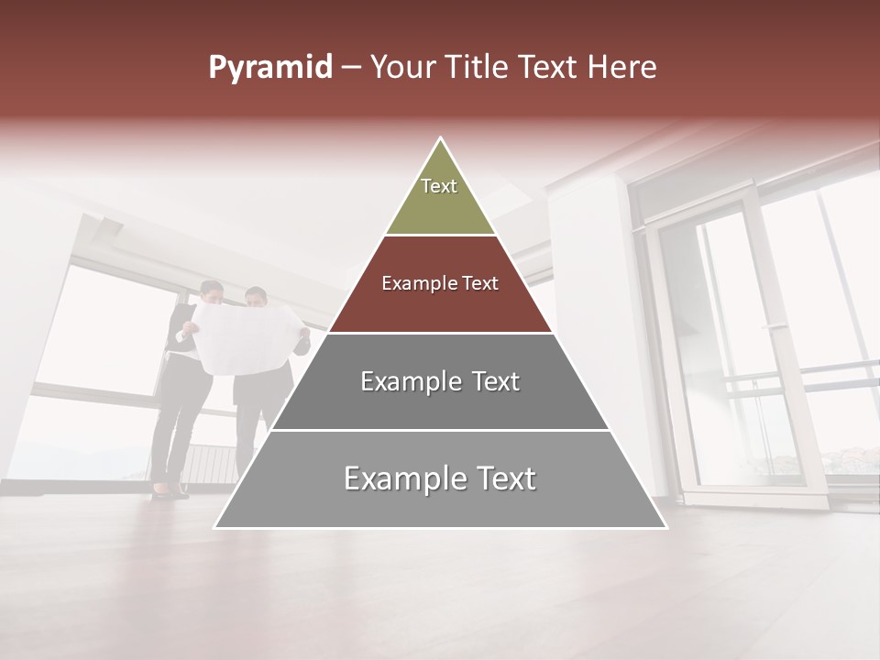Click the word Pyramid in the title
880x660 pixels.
269,68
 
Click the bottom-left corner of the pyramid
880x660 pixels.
217,526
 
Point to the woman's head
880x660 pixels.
212,293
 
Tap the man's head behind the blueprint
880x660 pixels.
257,298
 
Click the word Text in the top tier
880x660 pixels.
439,186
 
